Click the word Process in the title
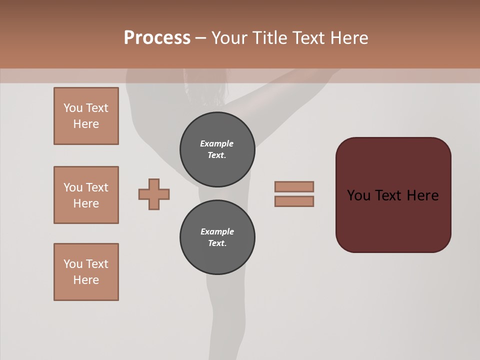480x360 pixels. [157, 38]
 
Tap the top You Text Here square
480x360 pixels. [86, 116]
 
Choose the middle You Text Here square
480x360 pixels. [86, 195]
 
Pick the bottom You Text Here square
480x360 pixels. [86, 272]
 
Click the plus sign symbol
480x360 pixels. [154, 194]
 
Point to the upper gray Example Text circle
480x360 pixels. [217, 149]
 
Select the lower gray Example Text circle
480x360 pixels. [217, 237]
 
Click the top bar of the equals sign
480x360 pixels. [294, 187]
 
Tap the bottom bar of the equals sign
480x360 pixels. [294, 201]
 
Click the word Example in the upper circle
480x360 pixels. [217, 143]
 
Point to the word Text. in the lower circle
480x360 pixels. [217, 243]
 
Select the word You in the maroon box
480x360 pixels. [358, 195]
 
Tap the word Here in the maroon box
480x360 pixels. [422, 195]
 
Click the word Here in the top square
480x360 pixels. [86, 124]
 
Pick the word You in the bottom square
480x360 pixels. [73, 264]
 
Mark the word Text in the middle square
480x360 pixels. [96, 187]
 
